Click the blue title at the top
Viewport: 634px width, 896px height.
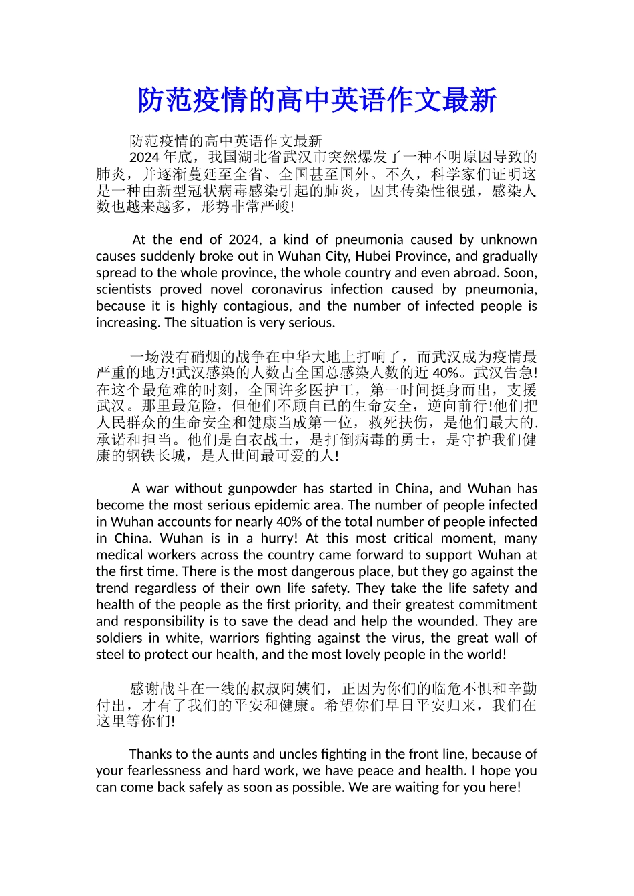click(x=317, y=101)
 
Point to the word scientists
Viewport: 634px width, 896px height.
click(x=123, y=289)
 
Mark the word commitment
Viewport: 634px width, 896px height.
click(x=495, y=605)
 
